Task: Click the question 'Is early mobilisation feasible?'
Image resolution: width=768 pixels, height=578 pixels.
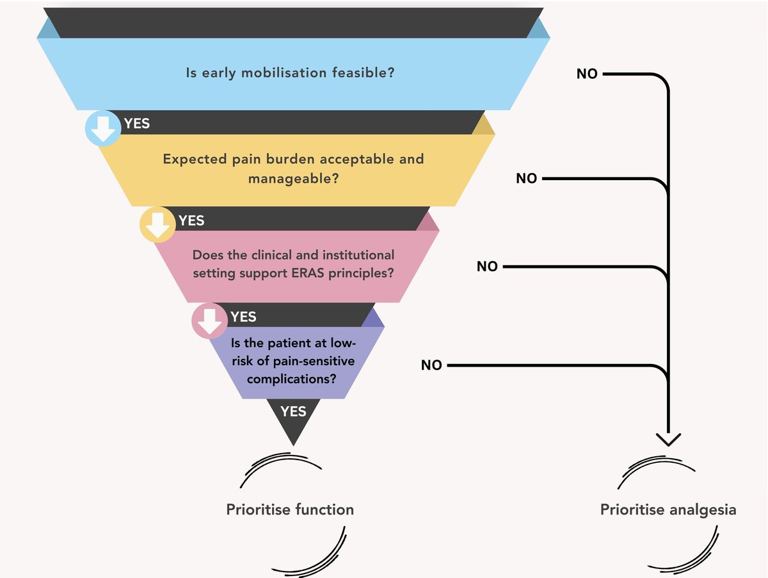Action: pyautogui.click(x=289, y=72)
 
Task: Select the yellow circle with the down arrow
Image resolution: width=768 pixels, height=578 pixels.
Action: pyautogui.click(x=157, y=226)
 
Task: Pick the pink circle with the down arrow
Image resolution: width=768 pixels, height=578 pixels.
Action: pyautogui.click(x=209, y=321)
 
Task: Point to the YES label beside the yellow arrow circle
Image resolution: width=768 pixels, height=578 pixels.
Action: pyautogui.click(x=191, y=220)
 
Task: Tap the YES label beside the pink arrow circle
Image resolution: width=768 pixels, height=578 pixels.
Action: pyautogui.click(x=243, y=317)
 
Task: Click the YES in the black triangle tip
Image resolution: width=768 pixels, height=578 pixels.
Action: pyautogui.click(x=293, y=411)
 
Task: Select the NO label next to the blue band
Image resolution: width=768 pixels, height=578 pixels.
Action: pyautogui.click(x=587, y=74)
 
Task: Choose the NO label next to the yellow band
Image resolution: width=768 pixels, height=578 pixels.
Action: pyautogui.click(x=527, y=179)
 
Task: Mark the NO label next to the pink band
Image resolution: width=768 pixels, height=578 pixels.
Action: pyautogui.click(x=487, y=267)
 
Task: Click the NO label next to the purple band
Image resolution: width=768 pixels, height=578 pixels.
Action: pyautogui.click(x=431, y=365)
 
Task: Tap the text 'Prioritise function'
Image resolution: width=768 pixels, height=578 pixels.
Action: pyautogui.click(x=290, y=510)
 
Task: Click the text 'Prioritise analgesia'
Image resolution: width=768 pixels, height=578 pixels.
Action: pyautogui.click(x=668, y=510)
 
